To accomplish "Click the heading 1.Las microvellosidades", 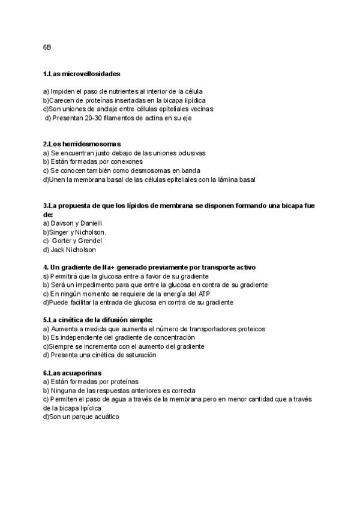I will [x=82, y=74].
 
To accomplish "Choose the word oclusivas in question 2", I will [x=189, y=153].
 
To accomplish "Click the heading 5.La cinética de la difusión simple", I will [x=98, y=320].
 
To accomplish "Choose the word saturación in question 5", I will [x=138, y=355].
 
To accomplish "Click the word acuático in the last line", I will [x=106, y=417].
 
